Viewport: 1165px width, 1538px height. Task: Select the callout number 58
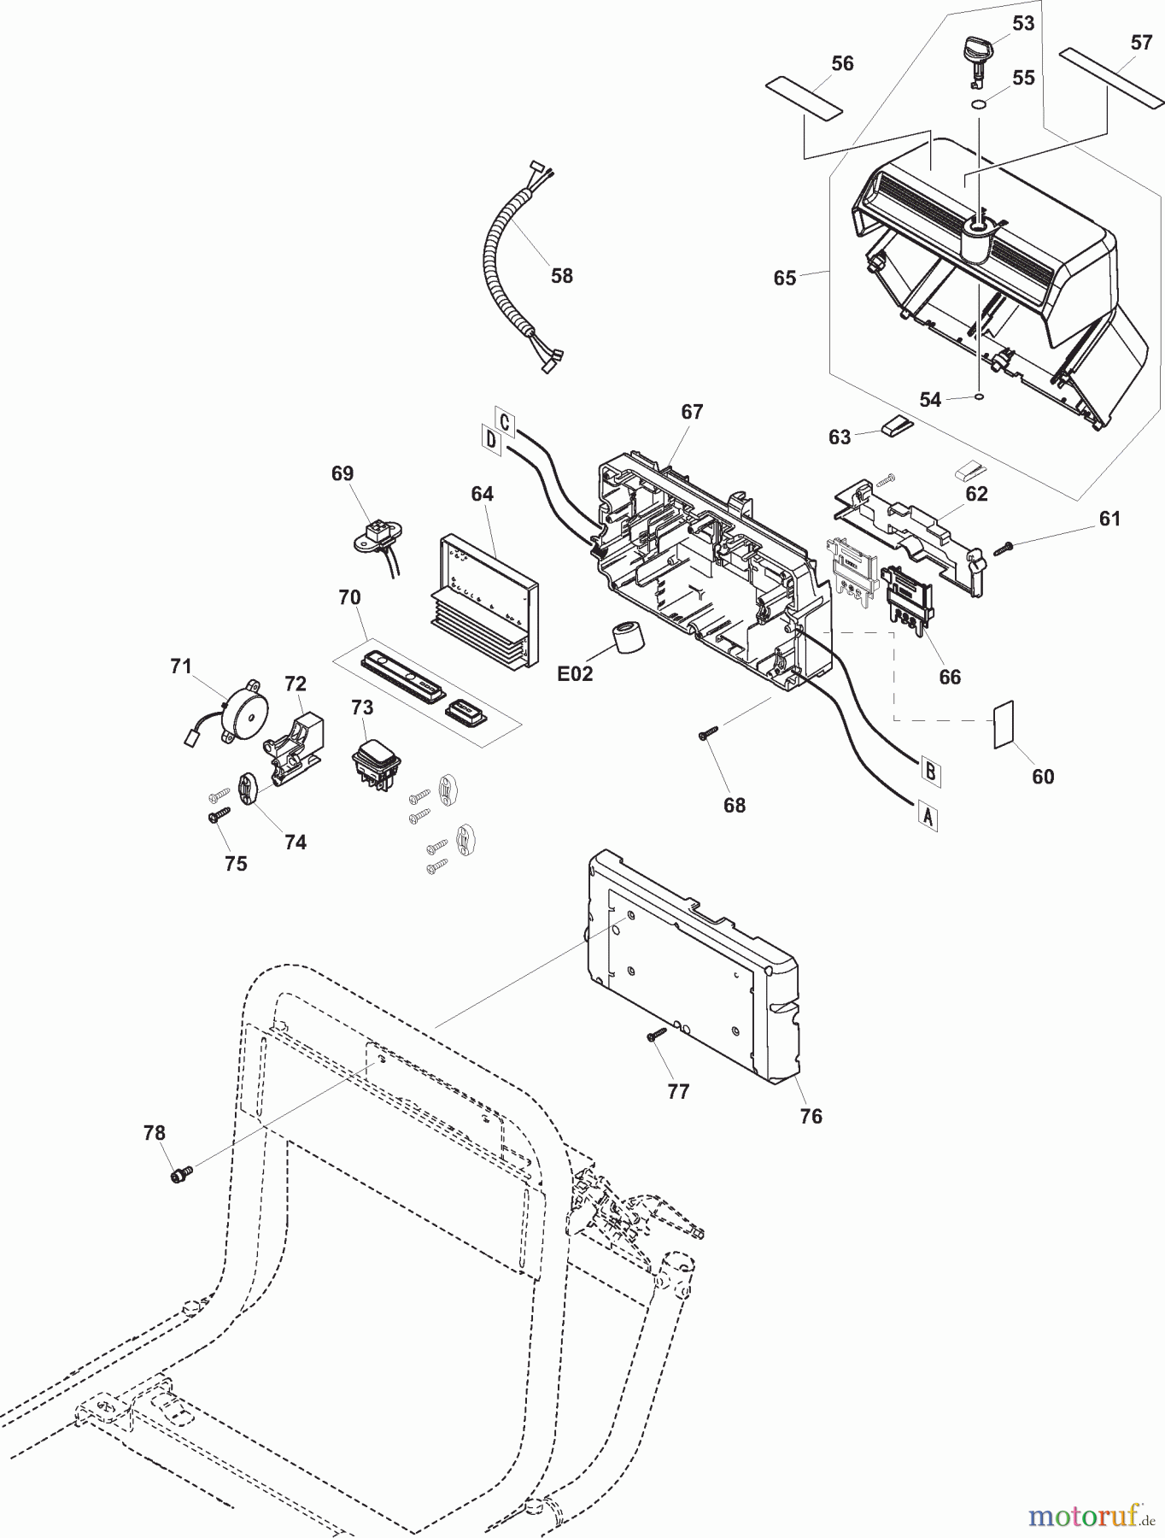pyautogui.click(x=562, y=276)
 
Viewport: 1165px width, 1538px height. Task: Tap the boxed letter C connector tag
pyautogui.click(x=505, y=422)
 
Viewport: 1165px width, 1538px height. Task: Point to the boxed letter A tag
pyautogui.click(x=928, y=818)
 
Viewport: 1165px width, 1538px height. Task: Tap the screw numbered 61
pyautogui.click(x=1004, y=548)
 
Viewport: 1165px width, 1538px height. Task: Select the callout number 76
pyautogui.click(x=811, y=1116)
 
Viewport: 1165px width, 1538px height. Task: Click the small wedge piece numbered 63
pyautogui.click(x=898, y=426)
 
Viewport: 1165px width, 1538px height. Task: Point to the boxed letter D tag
pyautogui.click(x=491, y=440)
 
